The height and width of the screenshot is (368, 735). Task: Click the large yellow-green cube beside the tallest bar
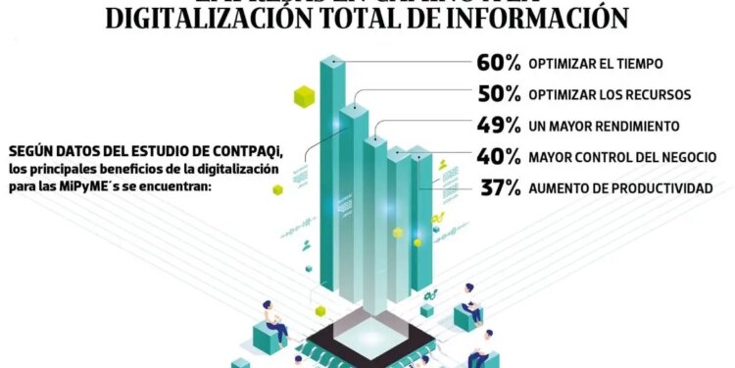[x=305, y=95]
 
